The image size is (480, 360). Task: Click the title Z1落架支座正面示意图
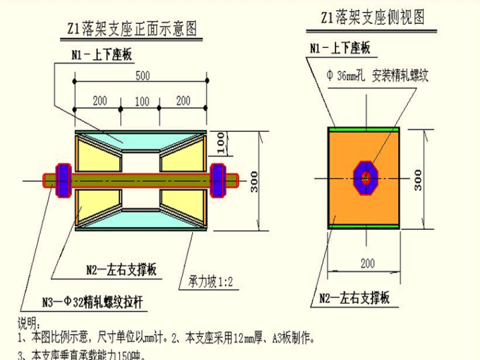point(132,29)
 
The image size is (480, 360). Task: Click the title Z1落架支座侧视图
point(365,17)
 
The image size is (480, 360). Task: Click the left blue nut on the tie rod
point(64,179)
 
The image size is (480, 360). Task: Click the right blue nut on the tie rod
point(218,179)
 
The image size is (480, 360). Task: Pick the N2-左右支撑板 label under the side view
point(354,297)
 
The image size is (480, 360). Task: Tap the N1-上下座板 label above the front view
point(102,56)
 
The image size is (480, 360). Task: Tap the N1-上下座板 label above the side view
point(339,48)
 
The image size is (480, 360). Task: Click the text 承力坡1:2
point(210,282)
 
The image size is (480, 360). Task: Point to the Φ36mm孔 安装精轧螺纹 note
point(377,76)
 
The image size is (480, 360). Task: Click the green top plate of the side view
point(364,129)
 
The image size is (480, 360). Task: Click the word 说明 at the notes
point(27,325)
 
